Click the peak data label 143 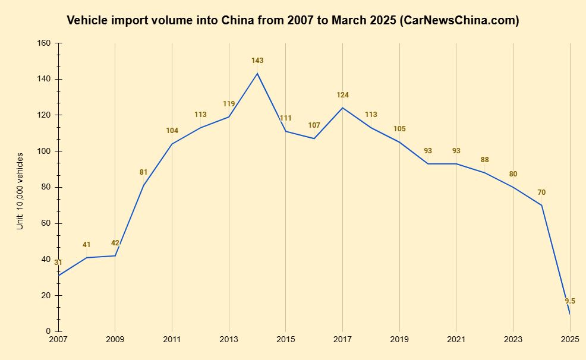pyautogui.click(x=257, y=61)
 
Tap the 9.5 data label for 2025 pyautogui.click(x=570, y=301)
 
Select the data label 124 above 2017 pyautogui.click(x=343, y=95)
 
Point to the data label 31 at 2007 pyautogui.click(x=58, y=263)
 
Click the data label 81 pyautogui.click(x=143, y=172)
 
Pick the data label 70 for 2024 pyautogui.click(x=541, y=192)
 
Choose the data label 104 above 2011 pyautogui.click(x=172, y=131)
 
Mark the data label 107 pyautogui.click(x=314, y=125)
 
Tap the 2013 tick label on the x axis pyautogui.click(x=229, y=339)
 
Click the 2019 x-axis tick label pyautogui.click(x=399, y=339)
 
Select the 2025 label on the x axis pyautogui.click(x=570, y=339)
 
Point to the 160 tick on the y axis pyautogui.click(x=44, y=43)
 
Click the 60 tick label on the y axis pyautogui.click(x=46, y=223)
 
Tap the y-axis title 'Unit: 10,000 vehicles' pyautogui.click(x=20, y=191)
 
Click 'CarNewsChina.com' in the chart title pyautogui.click(x=459, y=21)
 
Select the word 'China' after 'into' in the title pyautogui.click(x=239, y=21)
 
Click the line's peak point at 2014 pyautogui.click(x=257, y=74)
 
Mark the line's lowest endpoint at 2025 pyautogui.click(x=570, y=314)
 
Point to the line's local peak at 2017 pyautogui.click(x=343, y=108)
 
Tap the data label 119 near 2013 pyautogui.click(x=229, y=104)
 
